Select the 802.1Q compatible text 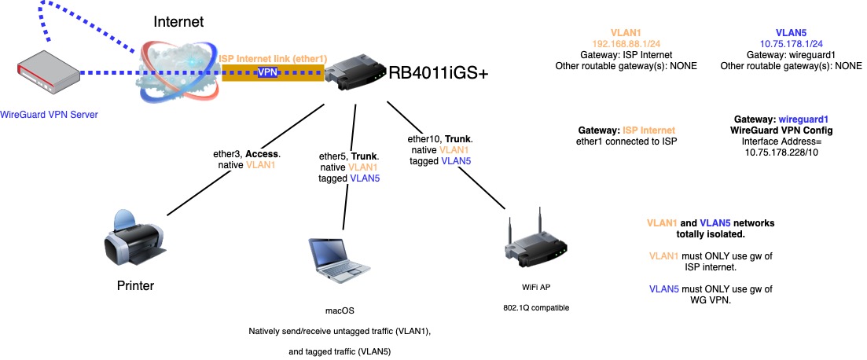pyautogui.click(x=538, y=307)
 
